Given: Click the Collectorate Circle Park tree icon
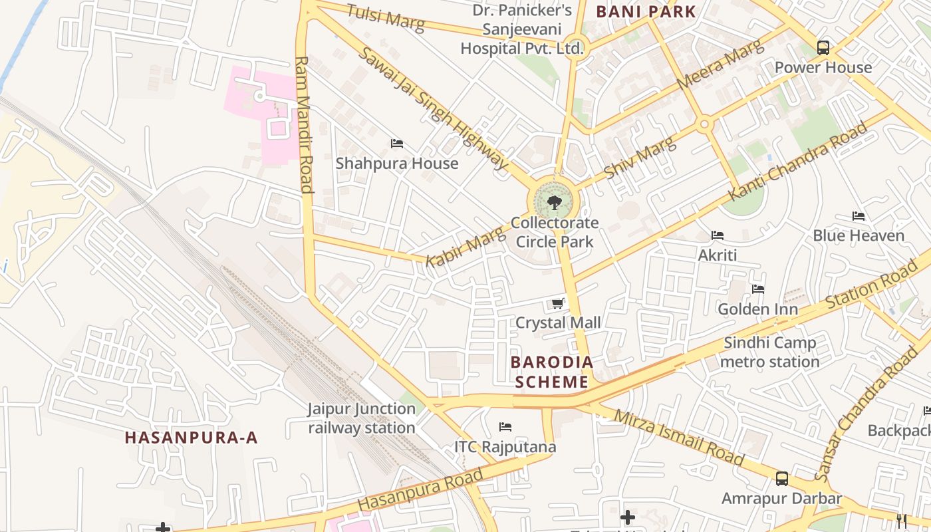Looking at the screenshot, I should [554, 203].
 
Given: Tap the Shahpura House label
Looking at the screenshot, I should [397, 164].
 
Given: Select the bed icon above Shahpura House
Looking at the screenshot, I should [397, 144].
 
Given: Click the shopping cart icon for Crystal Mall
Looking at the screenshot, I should [558, 304].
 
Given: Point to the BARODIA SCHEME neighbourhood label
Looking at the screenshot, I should [551, 372].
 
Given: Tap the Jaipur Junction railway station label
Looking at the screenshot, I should [361, 418].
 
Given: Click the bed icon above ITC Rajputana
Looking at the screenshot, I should [505, 427].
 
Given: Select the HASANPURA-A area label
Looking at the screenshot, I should [192, 438].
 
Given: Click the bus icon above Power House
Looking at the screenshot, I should [823, 48].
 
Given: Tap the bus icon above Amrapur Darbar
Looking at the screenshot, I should [782, 479].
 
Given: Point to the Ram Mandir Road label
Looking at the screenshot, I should [303, 124].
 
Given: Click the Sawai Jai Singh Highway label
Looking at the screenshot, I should [433, 108].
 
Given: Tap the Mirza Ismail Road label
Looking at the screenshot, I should [678, 437].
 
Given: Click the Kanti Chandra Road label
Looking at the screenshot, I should [798, 162].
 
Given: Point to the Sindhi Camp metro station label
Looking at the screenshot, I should [770, 352].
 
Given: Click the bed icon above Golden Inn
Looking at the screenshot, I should [758, 289].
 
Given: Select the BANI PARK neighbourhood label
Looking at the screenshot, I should [646, 11].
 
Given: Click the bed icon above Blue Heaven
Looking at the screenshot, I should [859, 216].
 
